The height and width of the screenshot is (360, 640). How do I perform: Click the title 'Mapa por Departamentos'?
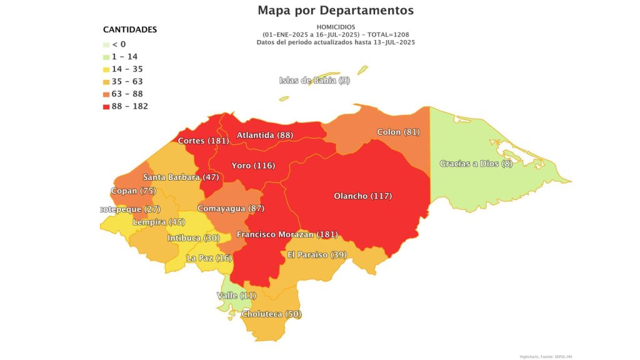[336, 11]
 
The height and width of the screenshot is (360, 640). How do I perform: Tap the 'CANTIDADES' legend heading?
[130, 29]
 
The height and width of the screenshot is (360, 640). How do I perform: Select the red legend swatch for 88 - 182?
[106, 106]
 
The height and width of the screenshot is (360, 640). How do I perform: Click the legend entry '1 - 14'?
[124, 56]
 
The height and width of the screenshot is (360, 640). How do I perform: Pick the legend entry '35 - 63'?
[127, 81]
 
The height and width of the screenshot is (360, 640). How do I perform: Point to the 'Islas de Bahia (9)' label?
[314, 80]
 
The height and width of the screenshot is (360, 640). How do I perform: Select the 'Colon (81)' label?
[398, 132]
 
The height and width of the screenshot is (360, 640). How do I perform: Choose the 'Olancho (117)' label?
[363, 196]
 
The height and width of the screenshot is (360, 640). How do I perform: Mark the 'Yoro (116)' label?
[253, 166]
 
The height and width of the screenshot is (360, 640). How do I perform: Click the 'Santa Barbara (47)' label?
[181, 177]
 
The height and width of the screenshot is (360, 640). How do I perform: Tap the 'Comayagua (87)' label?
[231, 208]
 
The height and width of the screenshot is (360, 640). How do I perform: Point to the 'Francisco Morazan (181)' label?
[287, 234]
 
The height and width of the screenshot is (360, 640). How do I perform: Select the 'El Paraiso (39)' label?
[317, 254]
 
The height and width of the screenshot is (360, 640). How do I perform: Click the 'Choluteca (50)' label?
[271, 314]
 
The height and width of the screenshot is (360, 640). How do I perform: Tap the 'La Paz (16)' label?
[209, 258]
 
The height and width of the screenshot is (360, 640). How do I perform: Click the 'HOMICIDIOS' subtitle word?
[336, 27]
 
